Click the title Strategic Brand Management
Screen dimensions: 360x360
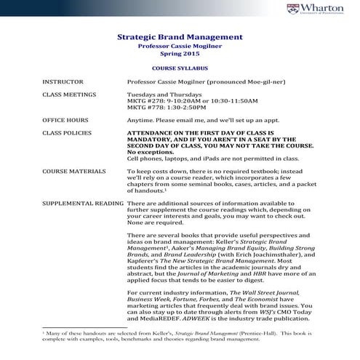[180, 36]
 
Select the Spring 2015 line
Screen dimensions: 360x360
[180, 55]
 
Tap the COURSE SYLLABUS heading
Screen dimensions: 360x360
[180, 67]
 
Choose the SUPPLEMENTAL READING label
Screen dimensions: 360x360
[82, 204]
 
